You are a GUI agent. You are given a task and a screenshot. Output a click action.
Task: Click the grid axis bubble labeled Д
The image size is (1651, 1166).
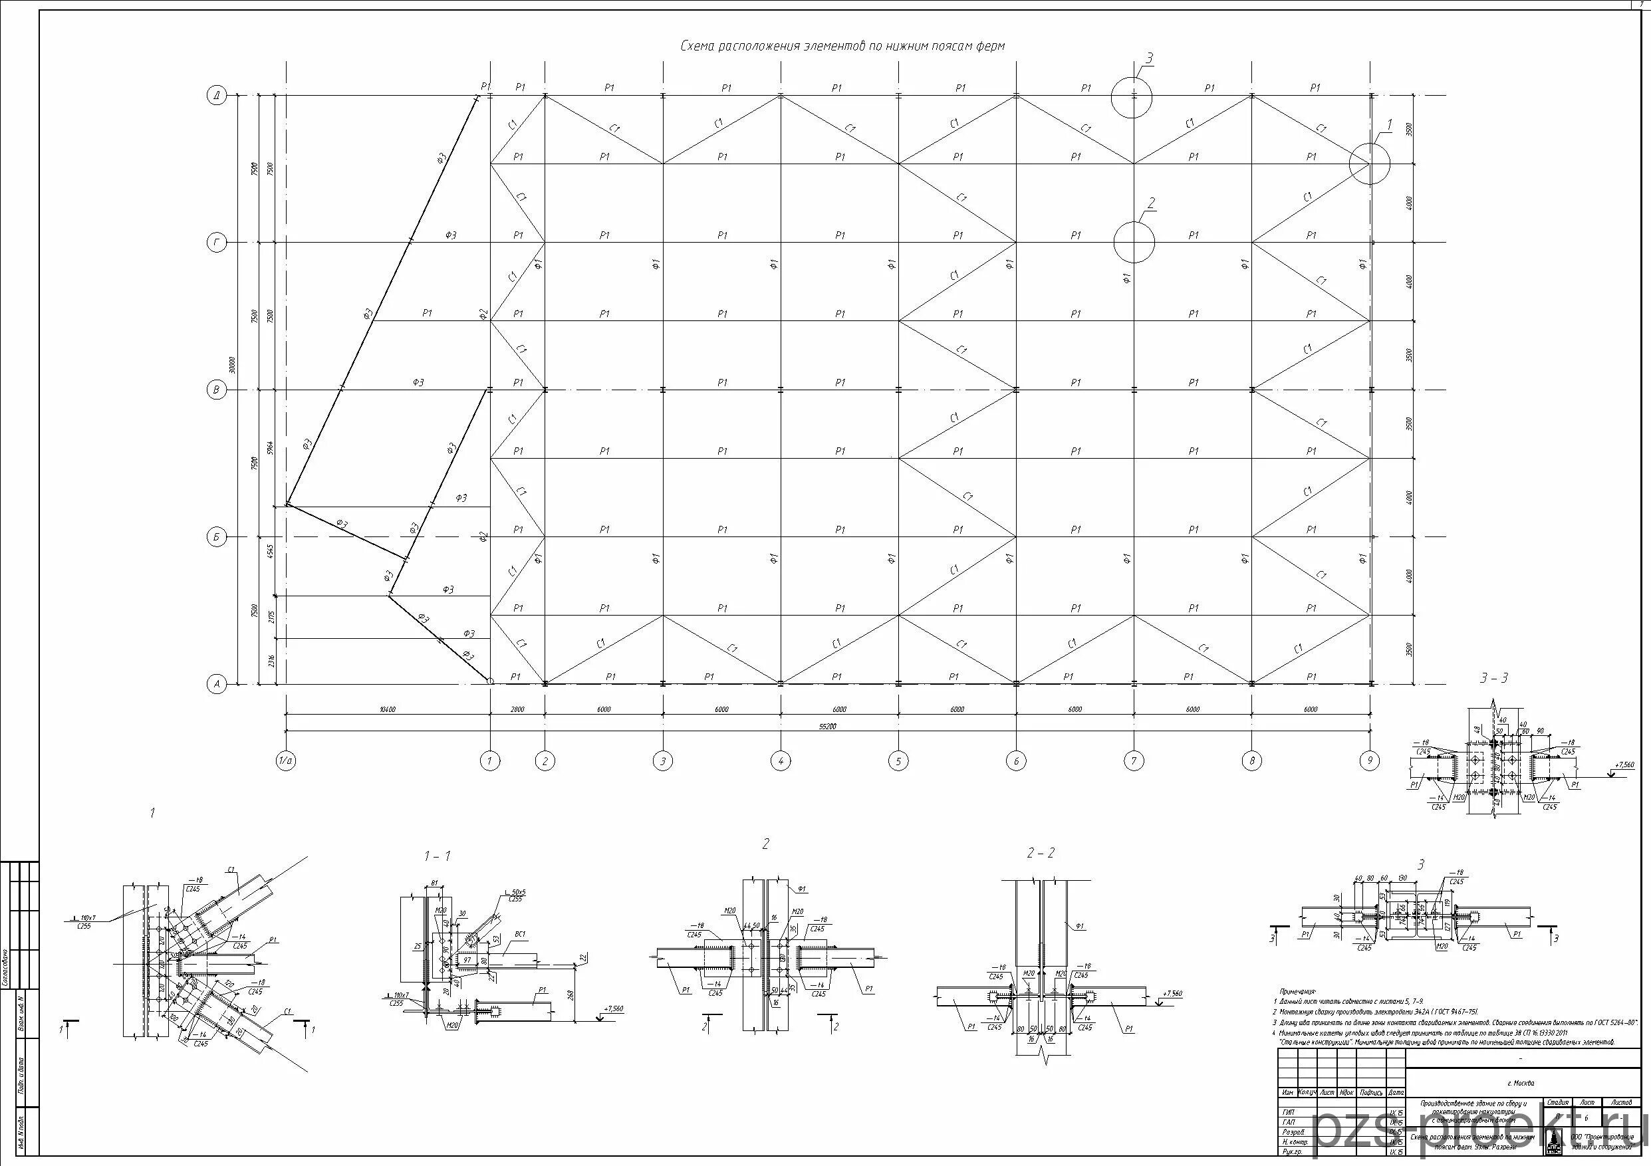tap(217, 95)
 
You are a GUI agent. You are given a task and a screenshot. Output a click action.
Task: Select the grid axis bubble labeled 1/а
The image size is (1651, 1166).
tap(286, 760)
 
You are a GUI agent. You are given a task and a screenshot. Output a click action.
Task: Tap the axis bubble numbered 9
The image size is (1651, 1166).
tap(1370, 760)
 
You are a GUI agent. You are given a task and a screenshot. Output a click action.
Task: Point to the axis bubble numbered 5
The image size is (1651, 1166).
tap(898, 760)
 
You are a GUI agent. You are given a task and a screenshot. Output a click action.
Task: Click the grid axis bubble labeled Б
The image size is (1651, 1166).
tap(217, 537)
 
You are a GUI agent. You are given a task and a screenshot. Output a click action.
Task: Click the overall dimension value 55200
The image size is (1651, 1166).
tap(828, 727)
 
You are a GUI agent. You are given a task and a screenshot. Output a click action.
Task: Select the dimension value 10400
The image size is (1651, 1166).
tap(388, 709)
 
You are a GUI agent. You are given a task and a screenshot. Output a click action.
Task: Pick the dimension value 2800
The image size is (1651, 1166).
tap(517, 709)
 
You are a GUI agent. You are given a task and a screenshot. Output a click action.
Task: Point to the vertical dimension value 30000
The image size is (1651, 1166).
tap(232, 366)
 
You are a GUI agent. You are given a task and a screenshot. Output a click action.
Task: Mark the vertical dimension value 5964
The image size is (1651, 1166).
tap(271, 447)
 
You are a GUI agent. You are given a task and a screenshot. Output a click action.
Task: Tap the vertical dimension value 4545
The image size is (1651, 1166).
tap(271, 550)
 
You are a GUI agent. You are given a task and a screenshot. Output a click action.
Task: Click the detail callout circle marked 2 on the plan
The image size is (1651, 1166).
tap(1134, 242)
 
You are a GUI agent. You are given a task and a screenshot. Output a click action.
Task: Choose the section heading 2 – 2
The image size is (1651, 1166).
tap(1041, 854)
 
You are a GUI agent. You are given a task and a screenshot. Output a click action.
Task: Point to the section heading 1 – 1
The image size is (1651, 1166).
tap(438, 856)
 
